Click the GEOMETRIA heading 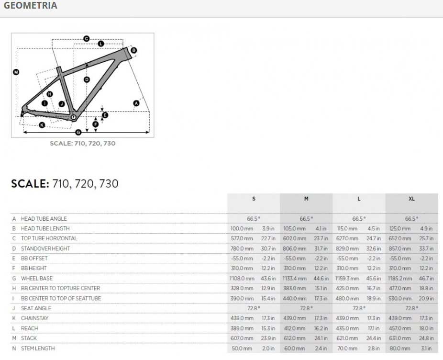pos(30,6)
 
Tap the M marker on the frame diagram pos(16,72)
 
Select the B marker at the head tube pos(133,50)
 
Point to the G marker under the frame pos(78,132)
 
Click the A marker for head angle pos(136,103)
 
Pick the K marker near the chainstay pos(42,125)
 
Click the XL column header pos(411,199)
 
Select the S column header pos(254,199)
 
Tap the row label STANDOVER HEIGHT pos(45,248)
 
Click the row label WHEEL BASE pos(36,278)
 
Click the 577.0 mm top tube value pos(242,238)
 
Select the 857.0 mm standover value pos(400,248)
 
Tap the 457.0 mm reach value pos(400,328)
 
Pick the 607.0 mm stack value pos(242,338)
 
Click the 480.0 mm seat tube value pos(347,298)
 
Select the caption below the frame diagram pos(82,143)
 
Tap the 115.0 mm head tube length pos(347,228)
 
